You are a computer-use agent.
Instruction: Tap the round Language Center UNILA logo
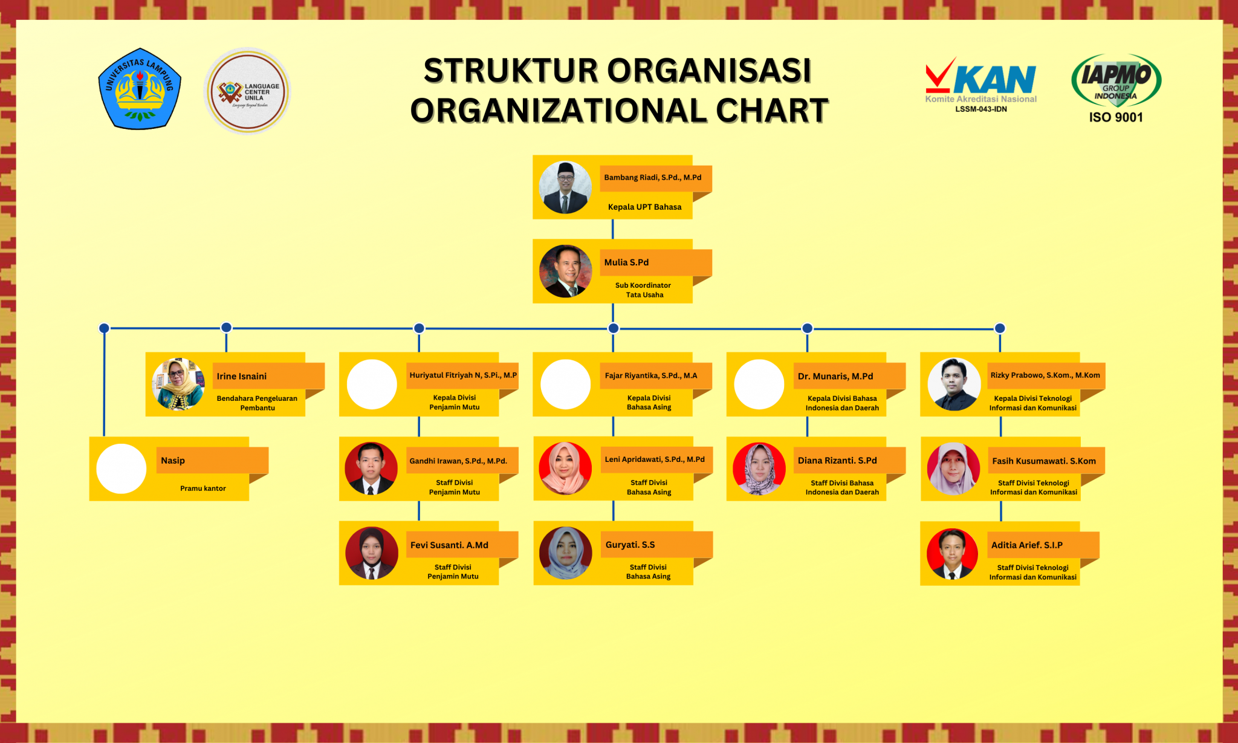(x=248, y=91)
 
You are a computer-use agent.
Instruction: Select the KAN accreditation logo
(x=980, y=85)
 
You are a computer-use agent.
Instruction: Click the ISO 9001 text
(x=1116, y=117)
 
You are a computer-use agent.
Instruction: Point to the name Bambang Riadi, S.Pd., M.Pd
(x=653, y=177)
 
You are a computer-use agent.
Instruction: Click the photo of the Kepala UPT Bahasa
(x=565, y=187)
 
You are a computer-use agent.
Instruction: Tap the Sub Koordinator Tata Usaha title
(x=644, y=290)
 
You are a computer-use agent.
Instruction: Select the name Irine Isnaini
(x=242, y=376)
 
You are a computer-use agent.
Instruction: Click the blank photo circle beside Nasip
(x=122, y=469)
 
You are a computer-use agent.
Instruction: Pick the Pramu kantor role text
(x=203, y=488)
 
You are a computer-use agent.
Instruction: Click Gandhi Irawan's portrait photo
(x=371, y=469)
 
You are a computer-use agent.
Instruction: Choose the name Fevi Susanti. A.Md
(x=449, y=545)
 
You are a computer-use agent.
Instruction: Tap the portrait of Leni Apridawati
(x=565, y=469)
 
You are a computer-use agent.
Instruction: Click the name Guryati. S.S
(x=630, y=545)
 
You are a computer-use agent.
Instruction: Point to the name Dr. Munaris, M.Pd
(x=835, y=376)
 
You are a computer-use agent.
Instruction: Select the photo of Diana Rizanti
(x=759, y=469)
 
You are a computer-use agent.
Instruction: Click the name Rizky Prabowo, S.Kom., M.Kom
(x=1045, y=375)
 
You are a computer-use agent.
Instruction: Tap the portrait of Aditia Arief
(x=952, y=554)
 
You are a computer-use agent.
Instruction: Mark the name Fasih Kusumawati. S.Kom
(x=1044, y=461)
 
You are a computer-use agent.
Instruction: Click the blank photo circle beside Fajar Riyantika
(x=565, y=384)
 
